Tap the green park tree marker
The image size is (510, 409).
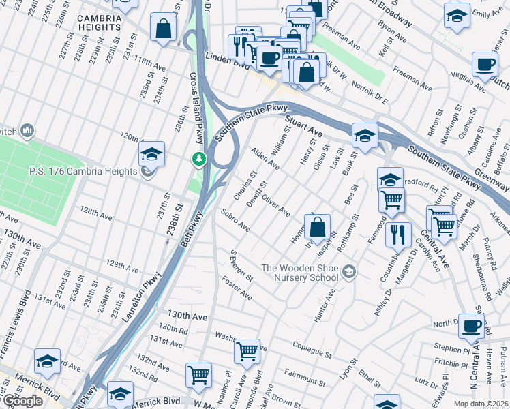(x=198, y=159)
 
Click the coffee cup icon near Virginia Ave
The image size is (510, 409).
(x=485, y=65)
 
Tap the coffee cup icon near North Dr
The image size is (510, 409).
(x=471, y=327)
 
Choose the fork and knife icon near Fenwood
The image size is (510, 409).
(x=398, y=234)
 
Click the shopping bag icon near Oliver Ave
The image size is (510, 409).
(x=317, y=227)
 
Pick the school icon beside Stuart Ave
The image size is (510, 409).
(x=365, y=135)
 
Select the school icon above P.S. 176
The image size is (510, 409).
(x=151, y=153)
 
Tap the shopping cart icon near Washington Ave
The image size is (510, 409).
(x=246, y=352)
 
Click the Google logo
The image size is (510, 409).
(x=22, y=400)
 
